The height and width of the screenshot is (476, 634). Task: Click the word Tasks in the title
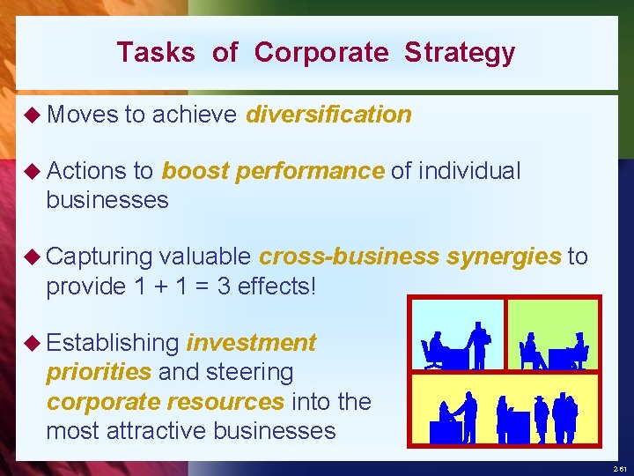click(x=156, y=53)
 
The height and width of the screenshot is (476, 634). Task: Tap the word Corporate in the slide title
click(x=321, y=53)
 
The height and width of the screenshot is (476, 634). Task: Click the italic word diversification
click(x=328, y=115)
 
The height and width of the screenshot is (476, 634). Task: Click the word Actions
click(x=84, y=170)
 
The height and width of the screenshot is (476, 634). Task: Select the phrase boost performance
click(x=273, y=170)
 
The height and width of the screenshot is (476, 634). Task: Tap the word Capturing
click(x=99, y=257)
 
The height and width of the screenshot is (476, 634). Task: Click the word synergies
click(x=503, y=257)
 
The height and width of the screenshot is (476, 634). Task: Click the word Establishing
click(x=112, y=342)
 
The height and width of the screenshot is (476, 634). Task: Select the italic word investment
click(x=251, y=342)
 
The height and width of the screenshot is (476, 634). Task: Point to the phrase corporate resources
click(x=166, y=401)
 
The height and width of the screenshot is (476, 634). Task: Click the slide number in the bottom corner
click(x=621, y=469)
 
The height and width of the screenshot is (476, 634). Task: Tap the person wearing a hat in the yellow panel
click(x=540, y=416)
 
